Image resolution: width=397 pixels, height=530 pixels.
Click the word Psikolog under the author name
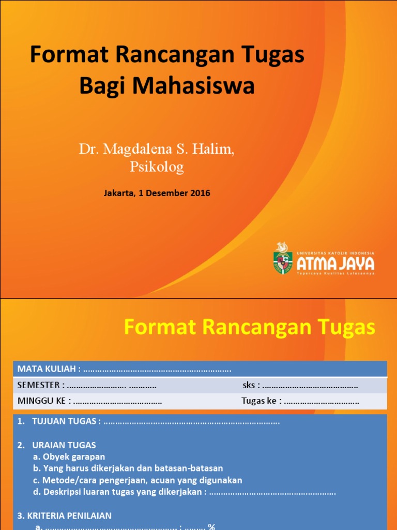pos(157,167)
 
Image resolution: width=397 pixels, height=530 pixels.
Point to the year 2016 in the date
pos(200,193)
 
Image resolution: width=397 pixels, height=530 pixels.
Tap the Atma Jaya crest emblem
pos(283,258)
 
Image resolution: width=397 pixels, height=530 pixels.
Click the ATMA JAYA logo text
pos(335,264)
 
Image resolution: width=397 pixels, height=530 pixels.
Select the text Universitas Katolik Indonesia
pos(335,253)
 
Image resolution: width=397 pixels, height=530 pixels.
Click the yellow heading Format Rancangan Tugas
pos(250,327)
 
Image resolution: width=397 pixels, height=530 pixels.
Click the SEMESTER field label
pos(40,385)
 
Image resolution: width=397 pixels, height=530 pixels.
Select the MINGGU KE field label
pos(43,401)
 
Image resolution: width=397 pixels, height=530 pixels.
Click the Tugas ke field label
pos(260,401)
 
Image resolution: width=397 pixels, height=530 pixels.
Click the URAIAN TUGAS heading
pos(64,445)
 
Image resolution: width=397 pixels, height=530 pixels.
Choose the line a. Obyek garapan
pos(69,457)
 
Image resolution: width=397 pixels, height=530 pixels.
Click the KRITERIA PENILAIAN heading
pos(64,516)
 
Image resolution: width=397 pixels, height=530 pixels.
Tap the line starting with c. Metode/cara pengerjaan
pos(137,480)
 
